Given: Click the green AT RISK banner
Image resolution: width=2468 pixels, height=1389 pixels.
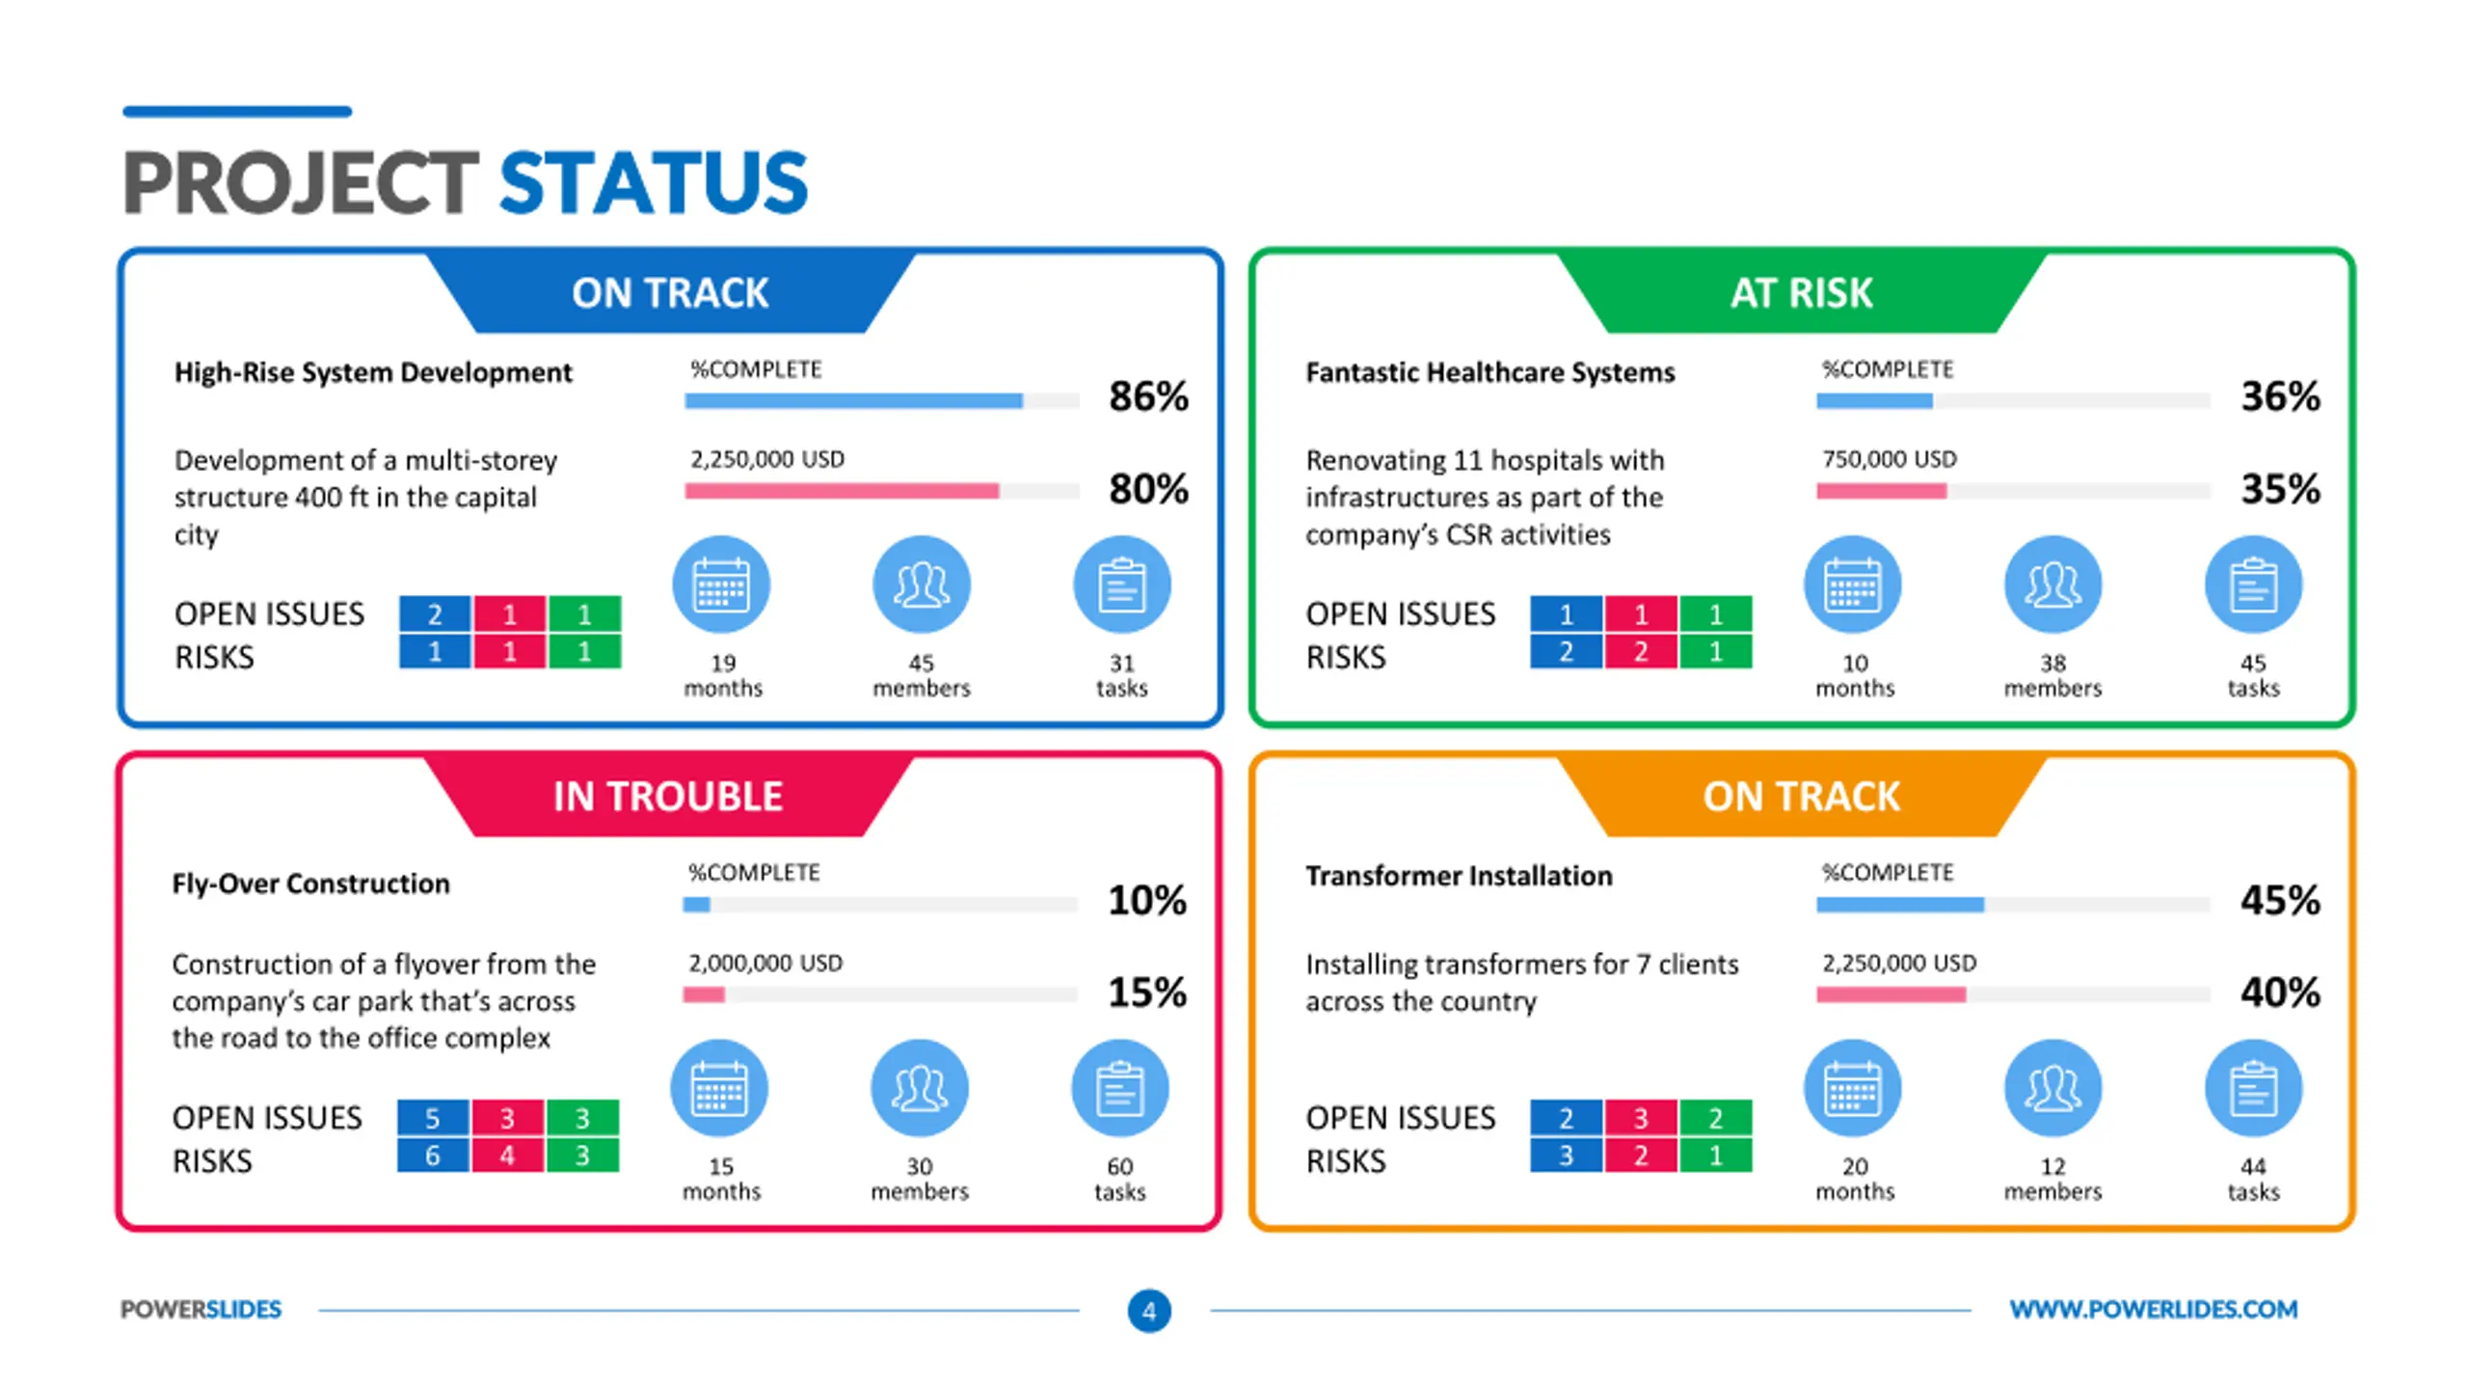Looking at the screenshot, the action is point(1801,291).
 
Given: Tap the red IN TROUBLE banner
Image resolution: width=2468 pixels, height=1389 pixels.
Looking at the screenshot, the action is point(668,796).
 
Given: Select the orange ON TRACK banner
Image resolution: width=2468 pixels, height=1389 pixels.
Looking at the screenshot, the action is point(1801,796).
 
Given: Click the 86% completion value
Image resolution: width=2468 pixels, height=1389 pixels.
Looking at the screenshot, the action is point(1148,395).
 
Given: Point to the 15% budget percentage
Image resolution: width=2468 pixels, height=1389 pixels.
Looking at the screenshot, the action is point(1147,992).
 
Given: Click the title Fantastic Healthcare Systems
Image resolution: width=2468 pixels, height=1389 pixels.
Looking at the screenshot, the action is point(1489,372).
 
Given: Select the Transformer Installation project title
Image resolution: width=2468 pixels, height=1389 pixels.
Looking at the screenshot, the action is point(1459,876).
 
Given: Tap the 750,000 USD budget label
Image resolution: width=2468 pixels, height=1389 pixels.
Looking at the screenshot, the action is point(1889,459).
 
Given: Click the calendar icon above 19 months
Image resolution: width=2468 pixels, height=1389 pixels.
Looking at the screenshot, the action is point(721,585).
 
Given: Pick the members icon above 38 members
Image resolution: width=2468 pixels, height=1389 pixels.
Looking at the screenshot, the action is point(2052,585).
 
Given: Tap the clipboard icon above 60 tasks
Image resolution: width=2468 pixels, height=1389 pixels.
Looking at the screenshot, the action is point(1120,1088).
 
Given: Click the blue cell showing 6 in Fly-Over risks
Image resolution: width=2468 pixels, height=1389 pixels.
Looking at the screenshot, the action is point(433,1155).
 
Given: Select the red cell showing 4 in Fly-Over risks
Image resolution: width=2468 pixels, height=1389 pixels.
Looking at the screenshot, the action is point(507,1155).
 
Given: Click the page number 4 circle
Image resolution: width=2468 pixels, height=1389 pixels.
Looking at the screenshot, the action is point(1149,1311).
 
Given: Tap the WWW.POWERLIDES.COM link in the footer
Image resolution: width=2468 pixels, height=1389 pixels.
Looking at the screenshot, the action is point(2153,1309).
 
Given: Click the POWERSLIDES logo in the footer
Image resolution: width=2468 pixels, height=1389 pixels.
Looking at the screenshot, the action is point(201,1309).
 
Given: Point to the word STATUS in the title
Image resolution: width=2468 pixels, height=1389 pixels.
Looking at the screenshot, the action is point(654,182).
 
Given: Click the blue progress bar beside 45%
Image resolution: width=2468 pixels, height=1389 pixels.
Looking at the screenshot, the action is point(1900,905).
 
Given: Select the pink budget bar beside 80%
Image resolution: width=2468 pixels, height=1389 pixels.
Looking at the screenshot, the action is point(842,491).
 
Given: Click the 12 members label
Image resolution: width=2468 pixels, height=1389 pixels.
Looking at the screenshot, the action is point(2052,1179).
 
